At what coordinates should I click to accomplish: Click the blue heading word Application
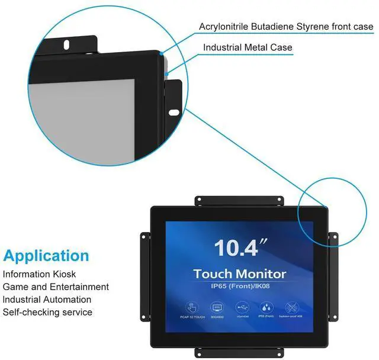pyautogui.click(x=46, y=256)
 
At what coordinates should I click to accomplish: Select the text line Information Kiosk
pyautogui.click(x=40, y=275)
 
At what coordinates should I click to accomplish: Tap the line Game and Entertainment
pyautogui.click(x=56, y=287)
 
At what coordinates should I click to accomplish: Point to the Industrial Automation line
pyautogui.click(x=47, y=300)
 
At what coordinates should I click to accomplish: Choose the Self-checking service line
pyautogui.click(x=48, y=312)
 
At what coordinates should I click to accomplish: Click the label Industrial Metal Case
pyautogui.click(x=248, y=47)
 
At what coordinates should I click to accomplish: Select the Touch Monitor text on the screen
pyautogui.click(x=239, y=274)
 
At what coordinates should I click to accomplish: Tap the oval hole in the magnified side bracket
pyautogui.click(x=174, y=112)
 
